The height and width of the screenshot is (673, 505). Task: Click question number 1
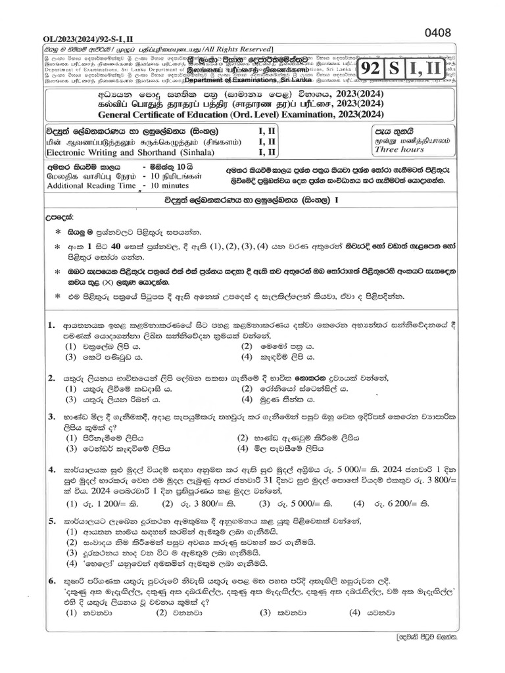click(x=51, y=326)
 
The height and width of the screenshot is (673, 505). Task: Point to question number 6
click(x=51, y=581)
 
